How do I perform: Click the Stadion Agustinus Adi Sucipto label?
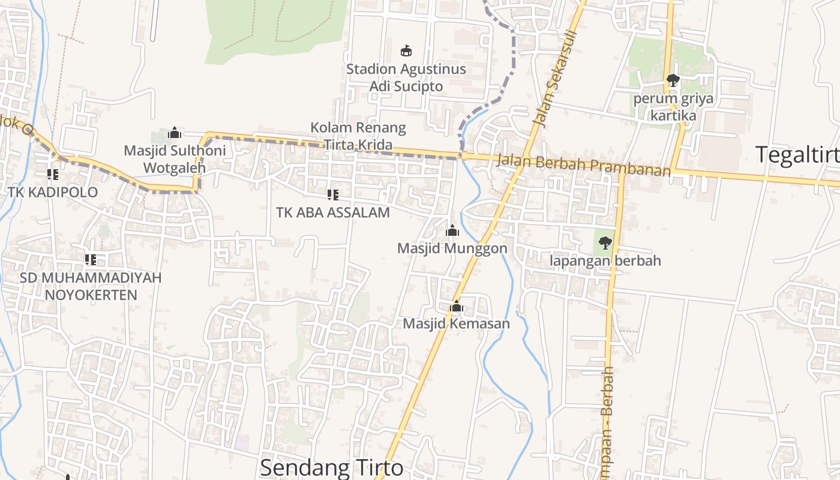406,77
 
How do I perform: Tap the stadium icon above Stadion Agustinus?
406,50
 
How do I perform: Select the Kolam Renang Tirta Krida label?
358,136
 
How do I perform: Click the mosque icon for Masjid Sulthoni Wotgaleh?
175,132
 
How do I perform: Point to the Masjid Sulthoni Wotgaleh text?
167,158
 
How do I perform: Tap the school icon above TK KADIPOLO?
53,175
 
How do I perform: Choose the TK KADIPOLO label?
53,192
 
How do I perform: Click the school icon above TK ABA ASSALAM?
333,194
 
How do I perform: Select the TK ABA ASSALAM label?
333,212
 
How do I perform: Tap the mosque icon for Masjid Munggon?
452,230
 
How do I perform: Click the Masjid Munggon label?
452,248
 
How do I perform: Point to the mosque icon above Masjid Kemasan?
457,307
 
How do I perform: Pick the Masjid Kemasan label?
457,324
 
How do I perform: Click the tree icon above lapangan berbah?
605,243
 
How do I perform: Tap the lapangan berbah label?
605,260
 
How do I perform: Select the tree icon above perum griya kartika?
673,80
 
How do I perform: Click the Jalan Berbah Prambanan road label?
583,165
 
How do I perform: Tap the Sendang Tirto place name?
332,467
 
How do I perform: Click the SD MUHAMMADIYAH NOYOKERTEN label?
91,286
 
